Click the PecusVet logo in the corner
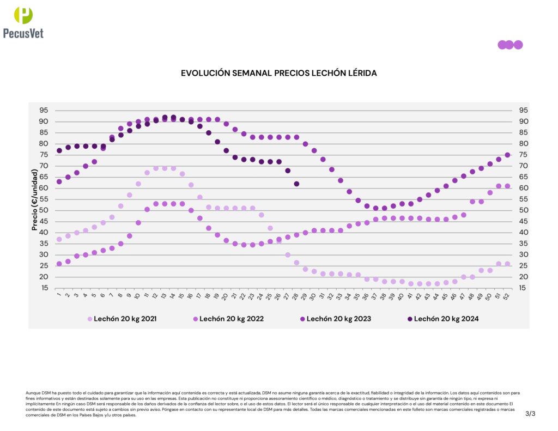tap(23, 22)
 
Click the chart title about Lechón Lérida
tap(278, 72)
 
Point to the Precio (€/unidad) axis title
tap(34, 199)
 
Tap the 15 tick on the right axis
tap(523, 288)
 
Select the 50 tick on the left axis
tap(43, 210)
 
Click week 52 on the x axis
tap(507, 297)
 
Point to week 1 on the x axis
tap(58, 296)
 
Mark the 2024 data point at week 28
tap(296, 184)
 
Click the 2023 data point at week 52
tap(507, 155)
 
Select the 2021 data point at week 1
tap(59, 239)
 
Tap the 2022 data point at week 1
tap(59, 264)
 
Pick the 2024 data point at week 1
tap(59, 150)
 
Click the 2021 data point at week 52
tap(507, 264)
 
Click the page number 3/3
tap(530, 414)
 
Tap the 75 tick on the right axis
tap(523, 155)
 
